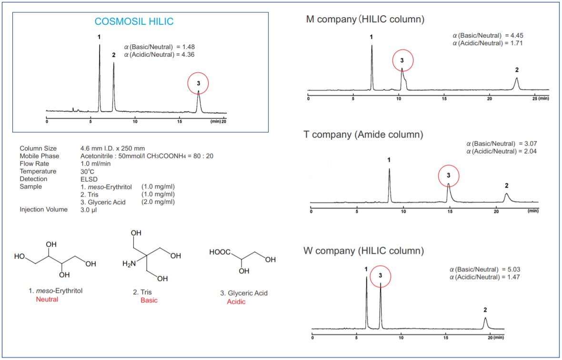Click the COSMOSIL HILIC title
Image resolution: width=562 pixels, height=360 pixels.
tap(134, 21)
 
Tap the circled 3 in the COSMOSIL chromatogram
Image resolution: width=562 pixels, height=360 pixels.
tap(199, 83)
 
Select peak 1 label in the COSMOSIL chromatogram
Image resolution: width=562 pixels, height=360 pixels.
tap(99, 37)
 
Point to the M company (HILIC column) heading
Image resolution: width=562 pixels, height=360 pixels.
tap(365, 20)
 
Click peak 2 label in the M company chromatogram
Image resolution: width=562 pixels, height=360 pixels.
tap(517, 70)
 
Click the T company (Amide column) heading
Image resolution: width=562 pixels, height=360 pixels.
tap(363, 135)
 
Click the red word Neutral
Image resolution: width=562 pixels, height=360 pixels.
tap(47, 300)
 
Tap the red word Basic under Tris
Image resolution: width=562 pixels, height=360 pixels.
tap(149, 300)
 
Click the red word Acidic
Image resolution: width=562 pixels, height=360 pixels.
tap(236, 302)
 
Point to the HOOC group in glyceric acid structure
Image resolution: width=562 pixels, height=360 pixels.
tap(220, 252)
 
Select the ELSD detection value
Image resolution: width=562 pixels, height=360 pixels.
tap(89, 179)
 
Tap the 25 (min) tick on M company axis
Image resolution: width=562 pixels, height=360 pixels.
tap(540, 98)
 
